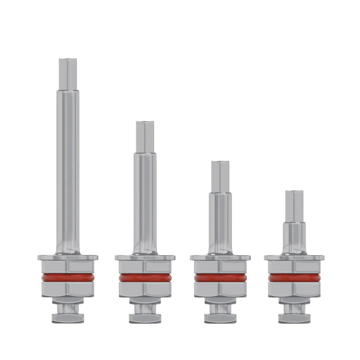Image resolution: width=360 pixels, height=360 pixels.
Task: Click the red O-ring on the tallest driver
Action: coord(68,278)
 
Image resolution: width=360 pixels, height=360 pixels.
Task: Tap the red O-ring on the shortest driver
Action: coord(294,278)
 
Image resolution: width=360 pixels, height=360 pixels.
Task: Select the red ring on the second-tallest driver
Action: coord(145,278)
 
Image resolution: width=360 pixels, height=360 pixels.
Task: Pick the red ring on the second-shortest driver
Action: coord(220,278)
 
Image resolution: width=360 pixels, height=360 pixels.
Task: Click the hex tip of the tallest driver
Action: coord(69,74)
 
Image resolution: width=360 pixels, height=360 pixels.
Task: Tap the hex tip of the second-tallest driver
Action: coord(145,137)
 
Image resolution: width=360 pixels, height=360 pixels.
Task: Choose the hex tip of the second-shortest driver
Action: coord(220,176)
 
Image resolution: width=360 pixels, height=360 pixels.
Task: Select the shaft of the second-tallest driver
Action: coord(145,200)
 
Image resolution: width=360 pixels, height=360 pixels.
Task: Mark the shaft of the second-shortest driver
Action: coord(220,222)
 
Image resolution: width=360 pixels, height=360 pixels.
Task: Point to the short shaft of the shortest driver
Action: coord(294,236)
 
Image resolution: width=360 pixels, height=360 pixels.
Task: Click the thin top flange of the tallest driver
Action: coord(68,257)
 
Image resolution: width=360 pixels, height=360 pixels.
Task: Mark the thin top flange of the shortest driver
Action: coord(294,257)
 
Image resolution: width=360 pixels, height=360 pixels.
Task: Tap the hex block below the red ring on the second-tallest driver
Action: coord(145,289)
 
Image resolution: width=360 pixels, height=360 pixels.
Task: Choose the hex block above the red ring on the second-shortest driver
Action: coord(220,267)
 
